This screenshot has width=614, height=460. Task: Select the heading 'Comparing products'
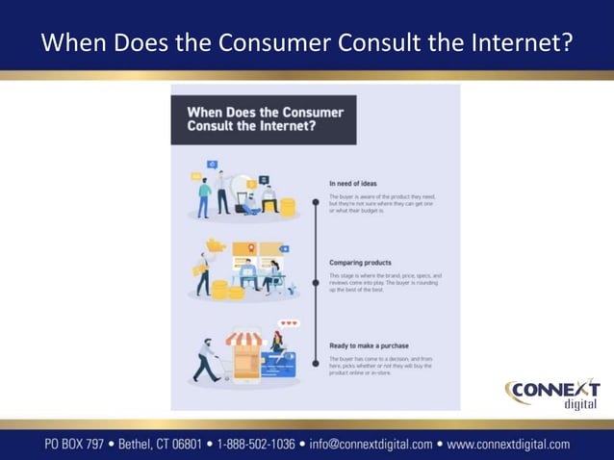[361, 263]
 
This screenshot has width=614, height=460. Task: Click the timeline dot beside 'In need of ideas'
[315, 202]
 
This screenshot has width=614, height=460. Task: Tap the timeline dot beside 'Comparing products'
[315, 283]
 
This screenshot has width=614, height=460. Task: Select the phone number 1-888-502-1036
[256, 445]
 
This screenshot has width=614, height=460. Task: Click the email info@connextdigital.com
[371, 445]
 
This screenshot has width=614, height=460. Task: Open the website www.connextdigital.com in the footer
[509, 445]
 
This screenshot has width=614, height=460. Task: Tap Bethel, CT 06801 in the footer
[161, 445]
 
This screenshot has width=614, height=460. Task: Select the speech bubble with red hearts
[288, 323]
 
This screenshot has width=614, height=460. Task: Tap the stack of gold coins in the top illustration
[286, 205]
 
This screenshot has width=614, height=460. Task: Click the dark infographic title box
[263, 119]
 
